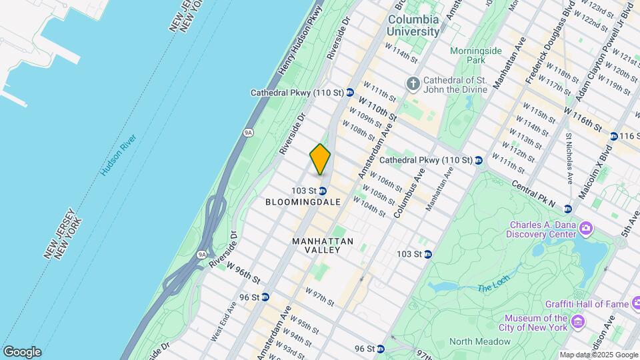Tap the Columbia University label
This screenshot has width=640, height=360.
coord(414,25)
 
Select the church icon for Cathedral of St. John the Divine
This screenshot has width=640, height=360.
coord(413,85)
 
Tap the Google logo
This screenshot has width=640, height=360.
coord(22,352)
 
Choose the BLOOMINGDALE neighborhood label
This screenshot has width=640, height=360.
coord(303,201)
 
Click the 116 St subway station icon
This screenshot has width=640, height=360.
coord(611,136)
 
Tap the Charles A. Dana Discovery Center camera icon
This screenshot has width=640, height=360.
coord(586,229)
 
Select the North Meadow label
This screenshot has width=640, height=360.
coord(479,341)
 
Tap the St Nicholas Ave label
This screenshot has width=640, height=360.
coord(569,158)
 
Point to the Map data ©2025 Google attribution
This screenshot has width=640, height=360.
coord(598,355)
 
